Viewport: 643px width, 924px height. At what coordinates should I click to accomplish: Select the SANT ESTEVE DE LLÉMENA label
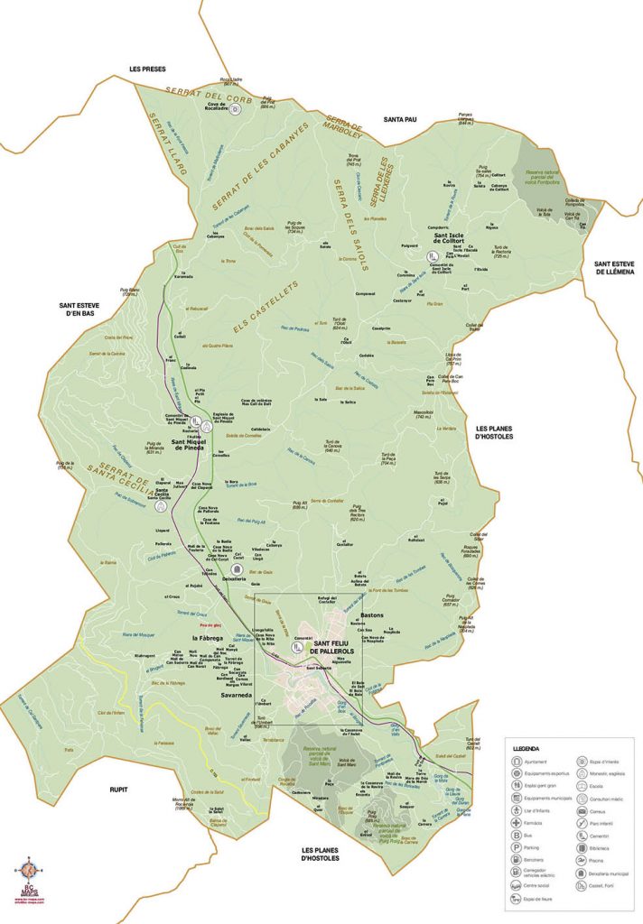(612, 268)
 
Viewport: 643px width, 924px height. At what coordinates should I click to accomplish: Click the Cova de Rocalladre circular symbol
(235, 109)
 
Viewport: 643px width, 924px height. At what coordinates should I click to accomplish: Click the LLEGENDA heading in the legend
(526, 749)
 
